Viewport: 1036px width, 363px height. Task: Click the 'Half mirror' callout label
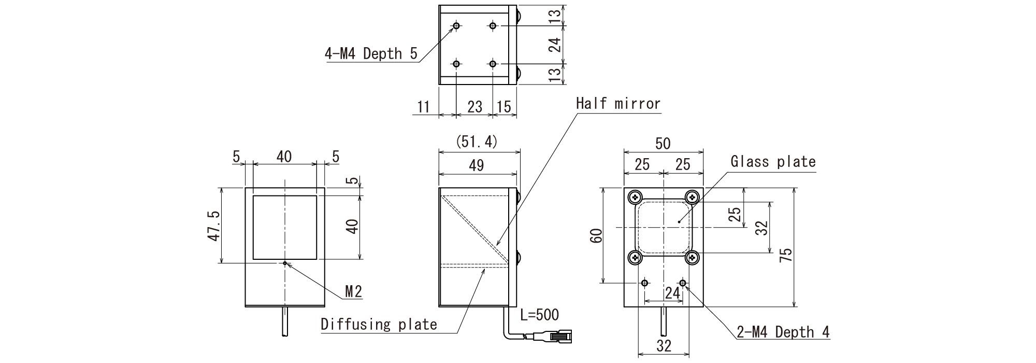pos(618,104)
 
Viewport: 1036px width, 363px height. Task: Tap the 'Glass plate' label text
pos(773,162)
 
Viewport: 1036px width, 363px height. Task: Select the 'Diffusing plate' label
pos(379,325)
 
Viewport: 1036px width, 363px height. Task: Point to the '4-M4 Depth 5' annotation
pos(371,54)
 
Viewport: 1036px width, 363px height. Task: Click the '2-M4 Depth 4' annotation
pos(783,332)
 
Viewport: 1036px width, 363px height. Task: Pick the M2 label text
pos(353,292)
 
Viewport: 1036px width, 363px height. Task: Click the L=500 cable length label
pos(539,314)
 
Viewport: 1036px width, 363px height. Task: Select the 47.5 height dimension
pos(213,226)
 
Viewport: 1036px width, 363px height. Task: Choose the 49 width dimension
pos(476,165)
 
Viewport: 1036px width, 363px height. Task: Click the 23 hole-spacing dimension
pos(474,107)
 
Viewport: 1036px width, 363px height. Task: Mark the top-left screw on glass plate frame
pos(635,197)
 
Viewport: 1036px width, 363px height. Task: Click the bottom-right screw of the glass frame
pos(692,257)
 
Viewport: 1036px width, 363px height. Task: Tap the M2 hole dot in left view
pos(285,263)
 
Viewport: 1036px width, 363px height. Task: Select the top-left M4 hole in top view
pos(456,25)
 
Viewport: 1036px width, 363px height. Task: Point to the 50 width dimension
pos(663,144)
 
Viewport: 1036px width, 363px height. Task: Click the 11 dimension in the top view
pos(424,107)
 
